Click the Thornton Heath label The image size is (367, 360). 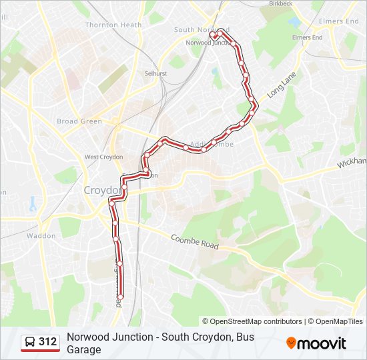tap(113, 25)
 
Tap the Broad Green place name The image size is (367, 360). tap(79, 121)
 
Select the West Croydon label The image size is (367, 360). tap(103, 157)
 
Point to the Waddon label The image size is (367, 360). tap(41, 235)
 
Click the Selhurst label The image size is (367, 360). tap(155, 73)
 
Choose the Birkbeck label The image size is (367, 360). tap(280, 3)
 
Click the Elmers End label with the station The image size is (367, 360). tap(307, 37)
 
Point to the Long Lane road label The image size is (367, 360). tap(281, 86)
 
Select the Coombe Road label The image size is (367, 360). tap(194, 242)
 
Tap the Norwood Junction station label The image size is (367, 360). tap(208, 43)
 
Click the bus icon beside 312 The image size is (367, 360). tap(30, 342)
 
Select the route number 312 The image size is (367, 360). tap(48, 342)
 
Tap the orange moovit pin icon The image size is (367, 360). tap(291, 343)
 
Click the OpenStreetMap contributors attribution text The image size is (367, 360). tap(253, 321)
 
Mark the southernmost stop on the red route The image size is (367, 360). tap(121, 295)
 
